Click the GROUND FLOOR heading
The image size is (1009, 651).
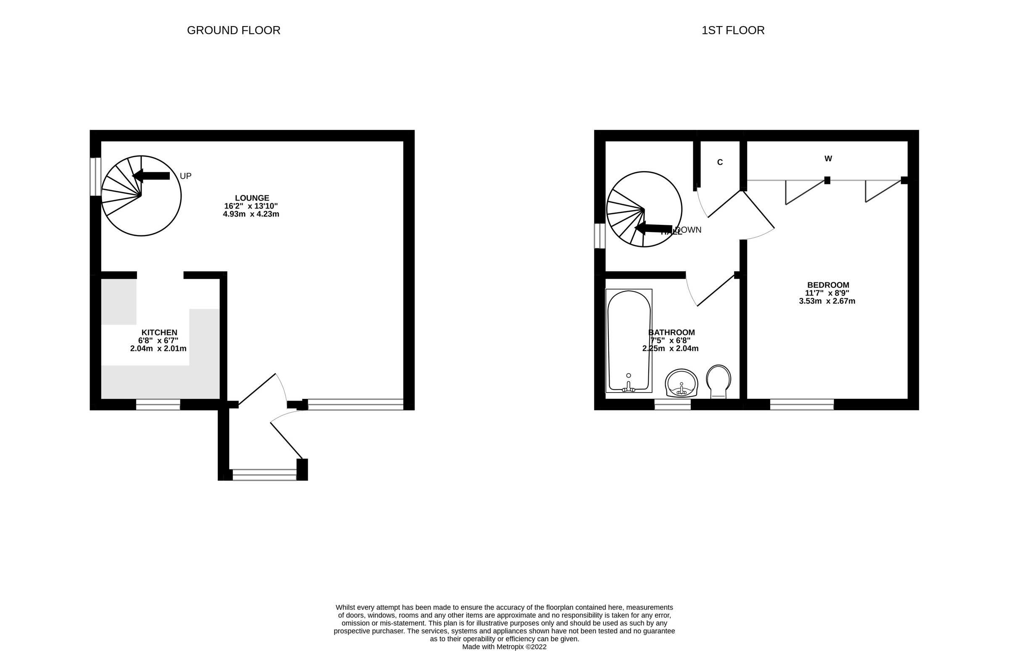coord(233,30)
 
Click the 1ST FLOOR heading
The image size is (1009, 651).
coord(733,30)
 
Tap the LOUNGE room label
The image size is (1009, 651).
coord(252,198)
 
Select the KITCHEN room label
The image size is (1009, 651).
coord(159,333)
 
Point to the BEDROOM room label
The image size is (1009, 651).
coord(827,285)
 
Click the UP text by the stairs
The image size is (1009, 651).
coord(186,176)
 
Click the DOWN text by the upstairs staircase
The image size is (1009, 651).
coord(689,230)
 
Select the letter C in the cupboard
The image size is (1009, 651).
coord(720,162)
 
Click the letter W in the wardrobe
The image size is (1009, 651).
coord(828,159)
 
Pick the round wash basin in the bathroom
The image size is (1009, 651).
coord(681,383)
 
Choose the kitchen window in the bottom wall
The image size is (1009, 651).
coord(158,405)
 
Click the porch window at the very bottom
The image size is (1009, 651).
coord(265,475)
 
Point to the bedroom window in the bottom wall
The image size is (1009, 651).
coord(802,405)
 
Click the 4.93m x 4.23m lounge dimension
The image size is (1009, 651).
coord(251,214)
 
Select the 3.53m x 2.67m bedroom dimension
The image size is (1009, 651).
coord(827,301)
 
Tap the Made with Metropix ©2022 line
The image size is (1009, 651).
coord(504,647)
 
